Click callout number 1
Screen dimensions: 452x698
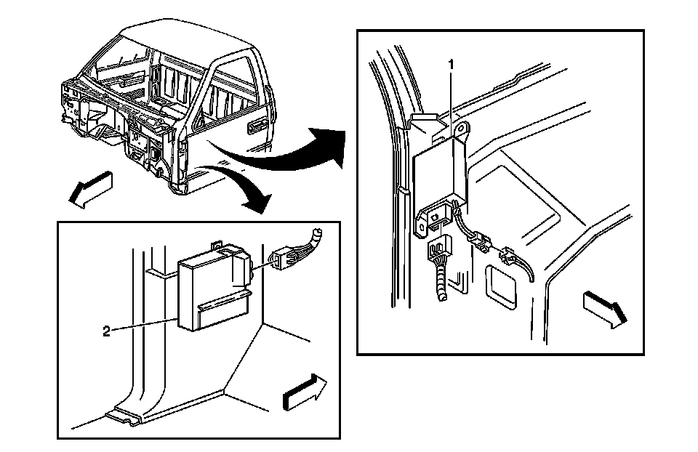[451, 65]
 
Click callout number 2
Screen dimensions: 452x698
[106, 331]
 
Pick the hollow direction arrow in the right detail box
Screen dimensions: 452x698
[603, 308]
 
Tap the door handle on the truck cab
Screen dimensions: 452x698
[256, 127]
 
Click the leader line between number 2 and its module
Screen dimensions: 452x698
[145, 325]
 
